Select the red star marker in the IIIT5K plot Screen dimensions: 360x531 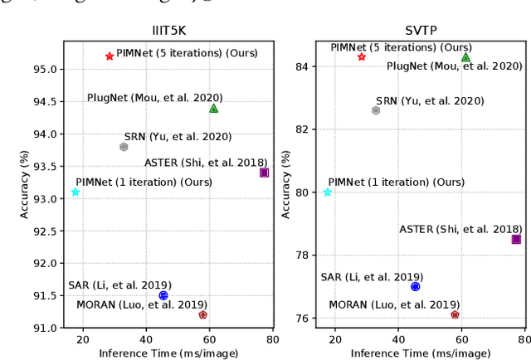[110, 56]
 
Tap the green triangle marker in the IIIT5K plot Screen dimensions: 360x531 [213, 108]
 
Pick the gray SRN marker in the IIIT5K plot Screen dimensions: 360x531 [124, 147]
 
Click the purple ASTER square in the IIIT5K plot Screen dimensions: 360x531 [264, 173]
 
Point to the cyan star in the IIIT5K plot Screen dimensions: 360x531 [76, 192]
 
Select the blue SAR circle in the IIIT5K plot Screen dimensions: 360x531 [163, 295]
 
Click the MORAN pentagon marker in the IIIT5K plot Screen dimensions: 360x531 [202, 314]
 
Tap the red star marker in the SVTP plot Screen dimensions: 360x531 [362, 56]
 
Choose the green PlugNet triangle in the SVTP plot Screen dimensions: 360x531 [465, 57]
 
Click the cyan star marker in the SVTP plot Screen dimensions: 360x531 [328, 192]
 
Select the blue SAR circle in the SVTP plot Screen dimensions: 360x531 [416, 286]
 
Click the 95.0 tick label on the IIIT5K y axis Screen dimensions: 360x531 [46, 69]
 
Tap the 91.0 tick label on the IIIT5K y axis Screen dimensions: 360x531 [46, 328]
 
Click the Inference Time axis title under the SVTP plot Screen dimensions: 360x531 [416, 353]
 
